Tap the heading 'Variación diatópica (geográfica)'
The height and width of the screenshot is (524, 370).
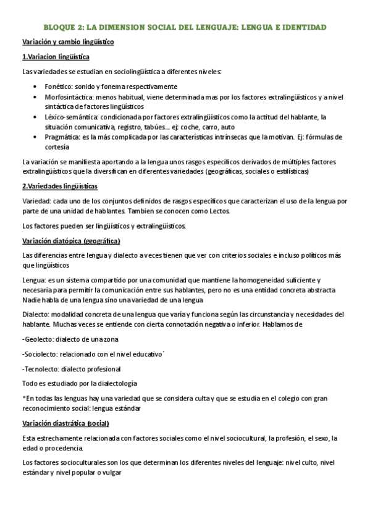(71, 240)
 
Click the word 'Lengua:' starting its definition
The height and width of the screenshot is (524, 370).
(33, 281)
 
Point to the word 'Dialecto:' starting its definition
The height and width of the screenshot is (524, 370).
(36, 315)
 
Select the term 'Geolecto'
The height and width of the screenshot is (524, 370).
(39, 340)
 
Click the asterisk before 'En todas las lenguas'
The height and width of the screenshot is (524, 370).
(23, 399)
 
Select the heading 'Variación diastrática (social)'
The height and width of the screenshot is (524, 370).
(65, 423)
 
